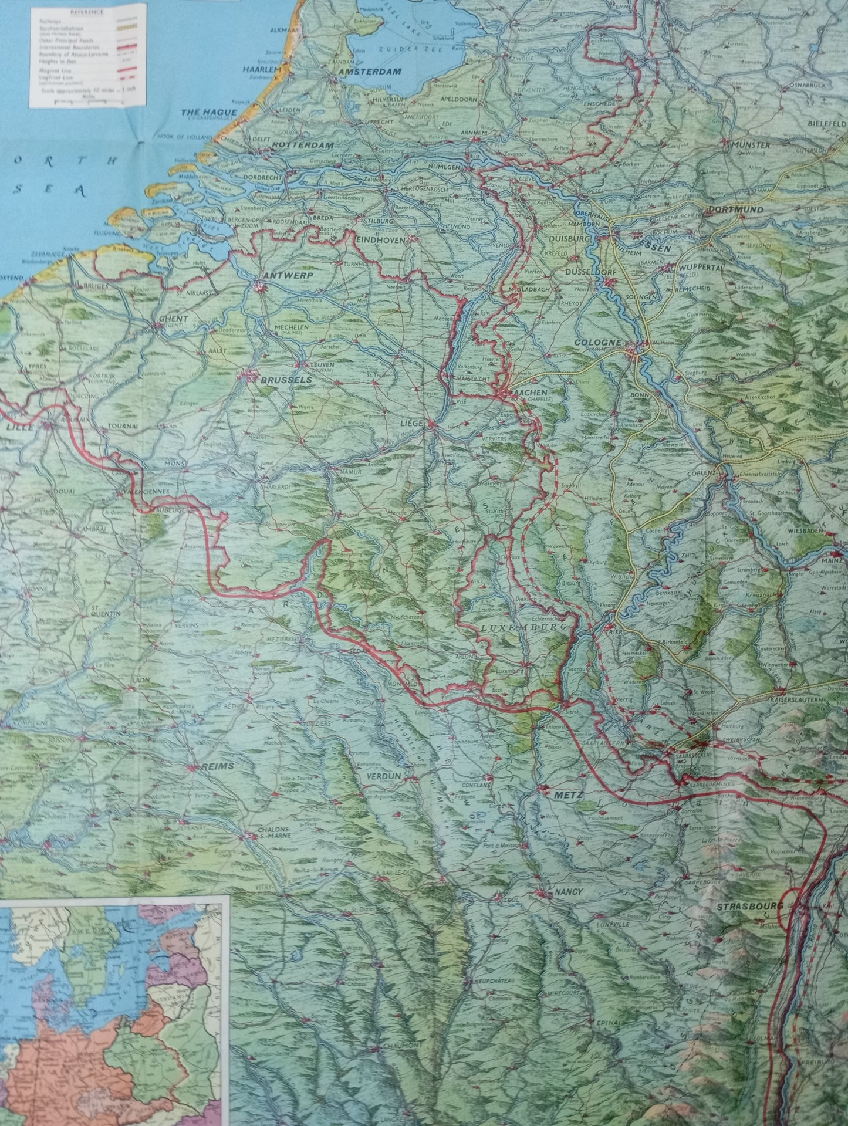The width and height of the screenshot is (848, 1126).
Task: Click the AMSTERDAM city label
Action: pos(369,72)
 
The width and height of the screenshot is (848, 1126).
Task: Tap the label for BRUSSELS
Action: pos(286,380)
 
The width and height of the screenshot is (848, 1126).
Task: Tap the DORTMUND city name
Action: pos(735,209)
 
